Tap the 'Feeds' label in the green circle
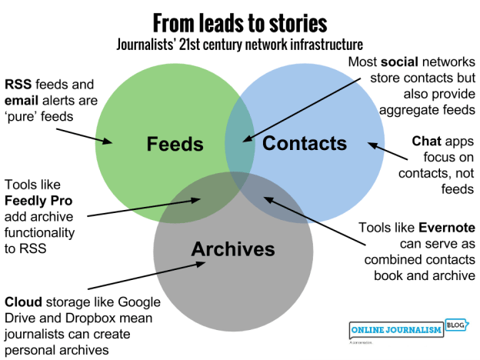coord(175,144)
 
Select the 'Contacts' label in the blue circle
coord(305,143)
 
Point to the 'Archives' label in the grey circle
coord(233,249)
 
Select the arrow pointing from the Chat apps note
coord(388,147)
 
